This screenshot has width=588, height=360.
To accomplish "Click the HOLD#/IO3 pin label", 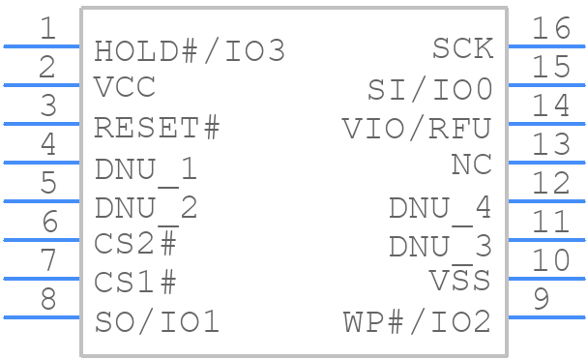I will click(190, 51).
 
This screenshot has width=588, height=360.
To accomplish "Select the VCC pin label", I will click(125, 87).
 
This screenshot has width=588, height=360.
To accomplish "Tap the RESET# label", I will click(157, 128).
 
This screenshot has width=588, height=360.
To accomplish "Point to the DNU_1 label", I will click(146, 169).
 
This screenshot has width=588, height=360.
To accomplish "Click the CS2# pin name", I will click(135, 243).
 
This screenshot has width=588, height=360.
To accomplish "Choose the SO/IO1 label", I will click(157, 321).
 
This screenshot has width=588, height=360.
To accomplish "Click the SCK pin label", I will click(462, 47).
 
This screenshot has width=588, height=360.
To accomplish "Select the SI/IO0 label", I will click(429, 90).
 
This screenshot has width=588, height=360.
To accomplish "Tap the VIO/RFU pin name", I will click(417, 128).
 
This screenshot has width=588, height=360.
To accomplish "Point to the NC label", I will click(471, 165).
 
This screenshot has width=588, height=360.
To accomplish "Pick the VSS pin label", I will click(459, 281).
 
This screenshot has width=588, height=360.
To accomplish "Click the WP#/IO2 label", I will click(417, 321).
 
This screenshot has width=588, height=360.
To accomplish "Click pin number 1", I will click(47, 28).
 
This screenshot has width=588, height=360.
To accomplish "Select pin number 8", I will click(47, 299).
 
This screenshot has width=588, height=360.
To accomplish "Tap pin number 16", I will click(550, 28).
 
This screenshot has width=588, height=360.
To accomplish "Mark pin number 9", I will click(542, 299).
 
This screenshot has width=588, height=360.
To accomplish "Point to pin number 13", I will click(550, 144).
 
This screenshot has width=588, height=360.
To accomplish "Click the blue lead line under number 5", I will click(42, 200).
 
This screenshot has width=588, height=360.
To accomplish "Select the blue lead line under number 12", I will click(545, 200).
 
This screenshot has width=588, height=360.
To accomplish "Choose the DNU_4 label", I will click(439, 208).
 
